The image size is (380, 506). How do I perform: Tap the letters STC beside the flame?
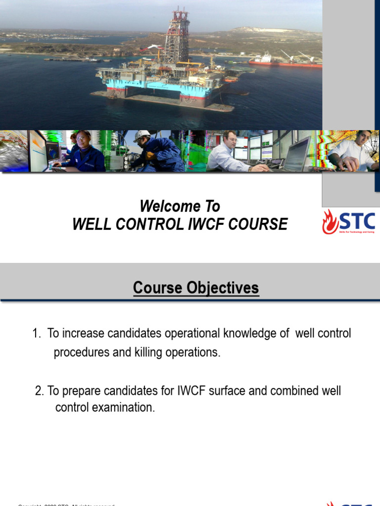coord(357,220)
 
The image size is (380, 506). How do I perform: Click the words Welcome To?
coord(180,206)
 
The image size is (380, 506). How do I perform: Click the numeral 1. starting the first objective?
coord(37,334)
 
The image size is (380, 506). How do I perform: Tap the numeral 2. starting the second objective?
coord(40,391)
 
